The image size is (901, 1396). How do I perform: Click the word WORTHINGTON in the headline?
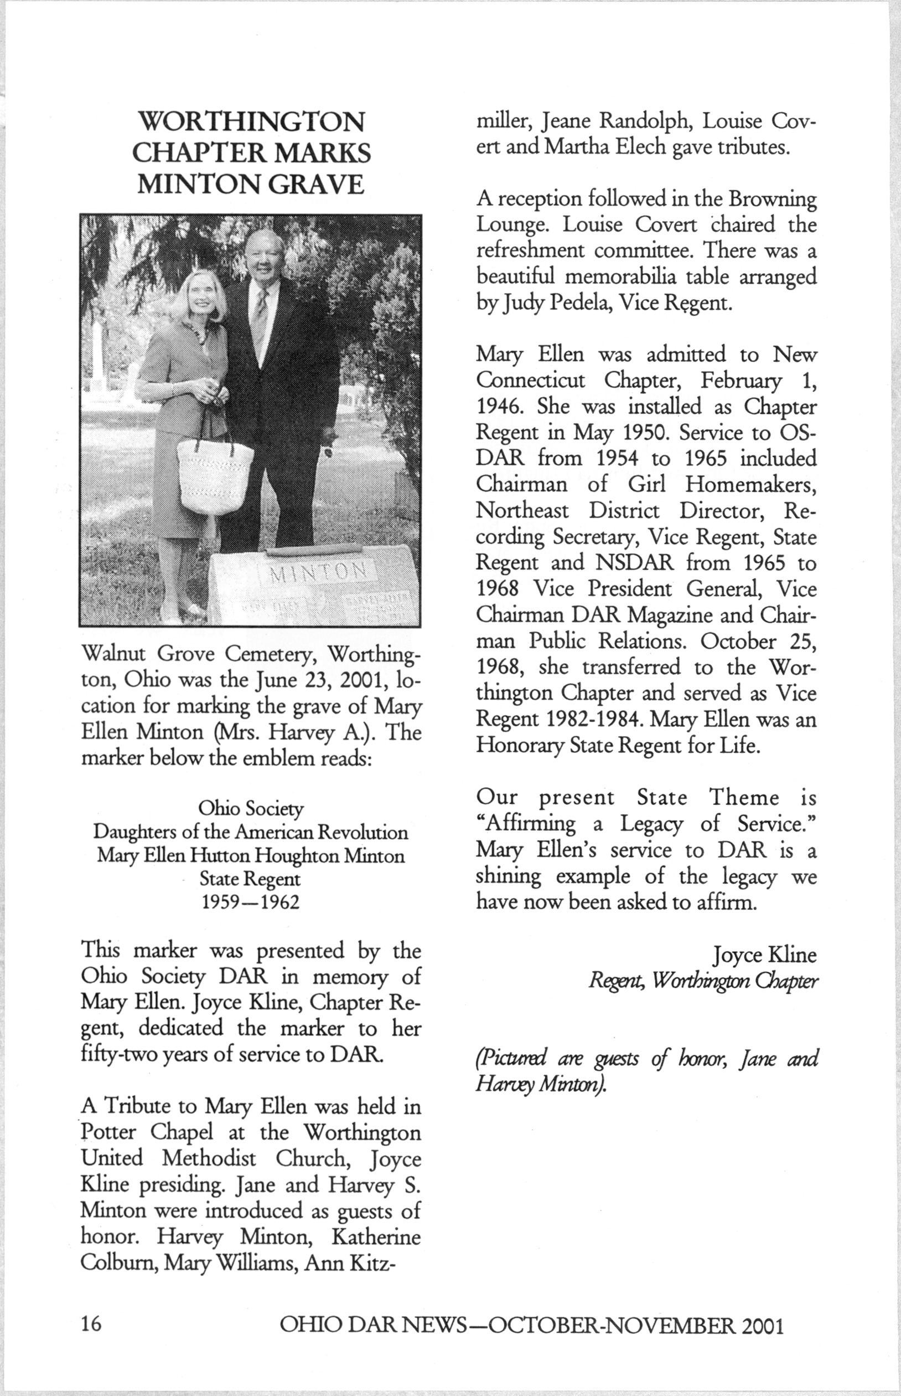[x=251, y=122]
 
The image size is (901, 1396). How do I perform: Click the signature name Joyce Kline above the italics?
[x=764, y=955]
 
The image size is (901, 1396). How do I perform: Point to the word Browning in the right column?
[x=771, y=199]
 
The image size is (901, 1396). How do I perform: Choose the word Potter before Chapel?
[x=109, y=1132]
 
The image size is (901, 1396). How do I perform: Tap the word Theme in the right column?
[x=744, y=798]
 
